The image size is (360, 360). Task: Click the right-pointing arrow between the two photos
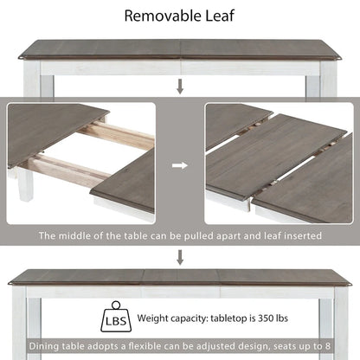tap(180, 163)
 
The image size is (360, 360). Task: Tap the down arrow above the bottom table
tap(180, 256)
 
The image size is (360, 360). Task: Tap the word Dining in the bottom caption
tap(43, 346)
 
